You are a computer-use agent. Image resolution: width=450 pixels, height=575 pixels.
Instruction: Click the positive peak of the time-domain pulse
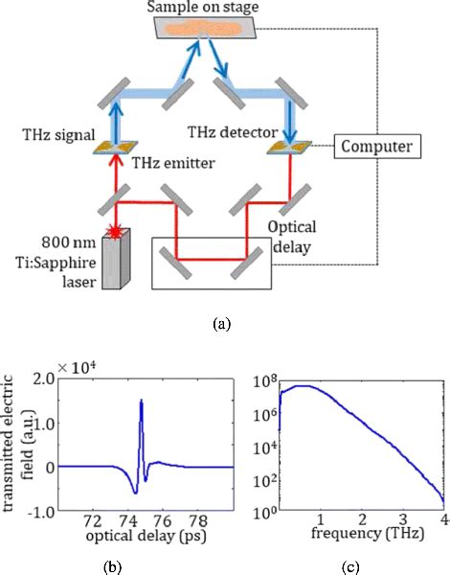point(142,402)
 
